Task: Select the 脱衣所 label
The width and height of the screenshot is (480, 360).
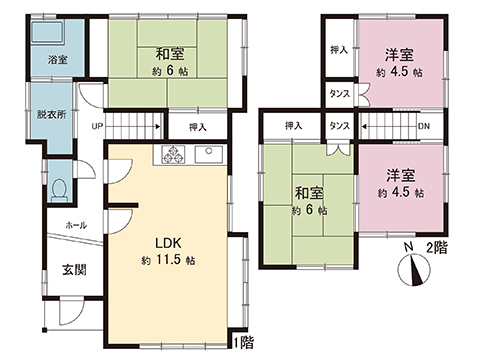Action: [47, 115]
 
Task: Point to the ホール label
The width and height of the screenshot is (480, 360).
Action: [75, 225]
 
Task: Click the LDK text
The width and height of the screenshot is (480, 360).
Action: [166, 243]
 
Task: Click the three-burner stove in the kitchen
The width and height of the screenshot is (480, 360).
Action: [171, 155]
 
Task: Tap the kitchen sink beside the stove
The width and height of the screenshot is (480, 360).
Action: [211, 155]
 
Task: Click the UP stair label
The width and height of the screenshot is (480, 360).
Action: [97, 127]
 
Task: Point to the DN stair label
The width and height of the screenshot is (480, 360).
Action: [423, 127]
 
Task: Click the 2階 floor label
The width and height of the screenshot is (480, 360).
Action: [437, 246]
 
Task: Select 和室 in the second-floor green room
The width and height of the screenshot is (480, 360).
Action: [309, 192]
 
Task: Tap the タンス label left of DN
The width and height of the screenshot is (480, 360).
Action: [339, 127]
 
